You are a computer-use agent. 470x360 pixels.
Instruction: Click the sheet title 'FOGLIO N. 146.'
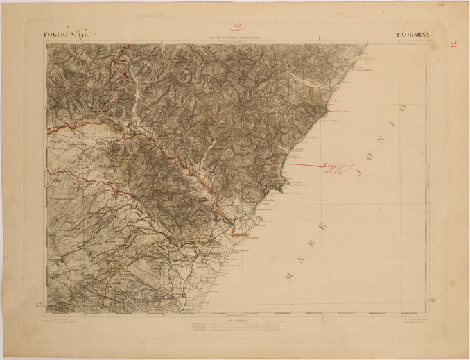click(67, 33)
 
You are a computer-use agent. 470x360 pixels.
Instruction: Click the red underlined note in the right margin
click(453, 43)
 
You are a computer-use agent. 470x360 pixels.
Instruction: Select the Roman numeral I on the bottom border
click(322, 318)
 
